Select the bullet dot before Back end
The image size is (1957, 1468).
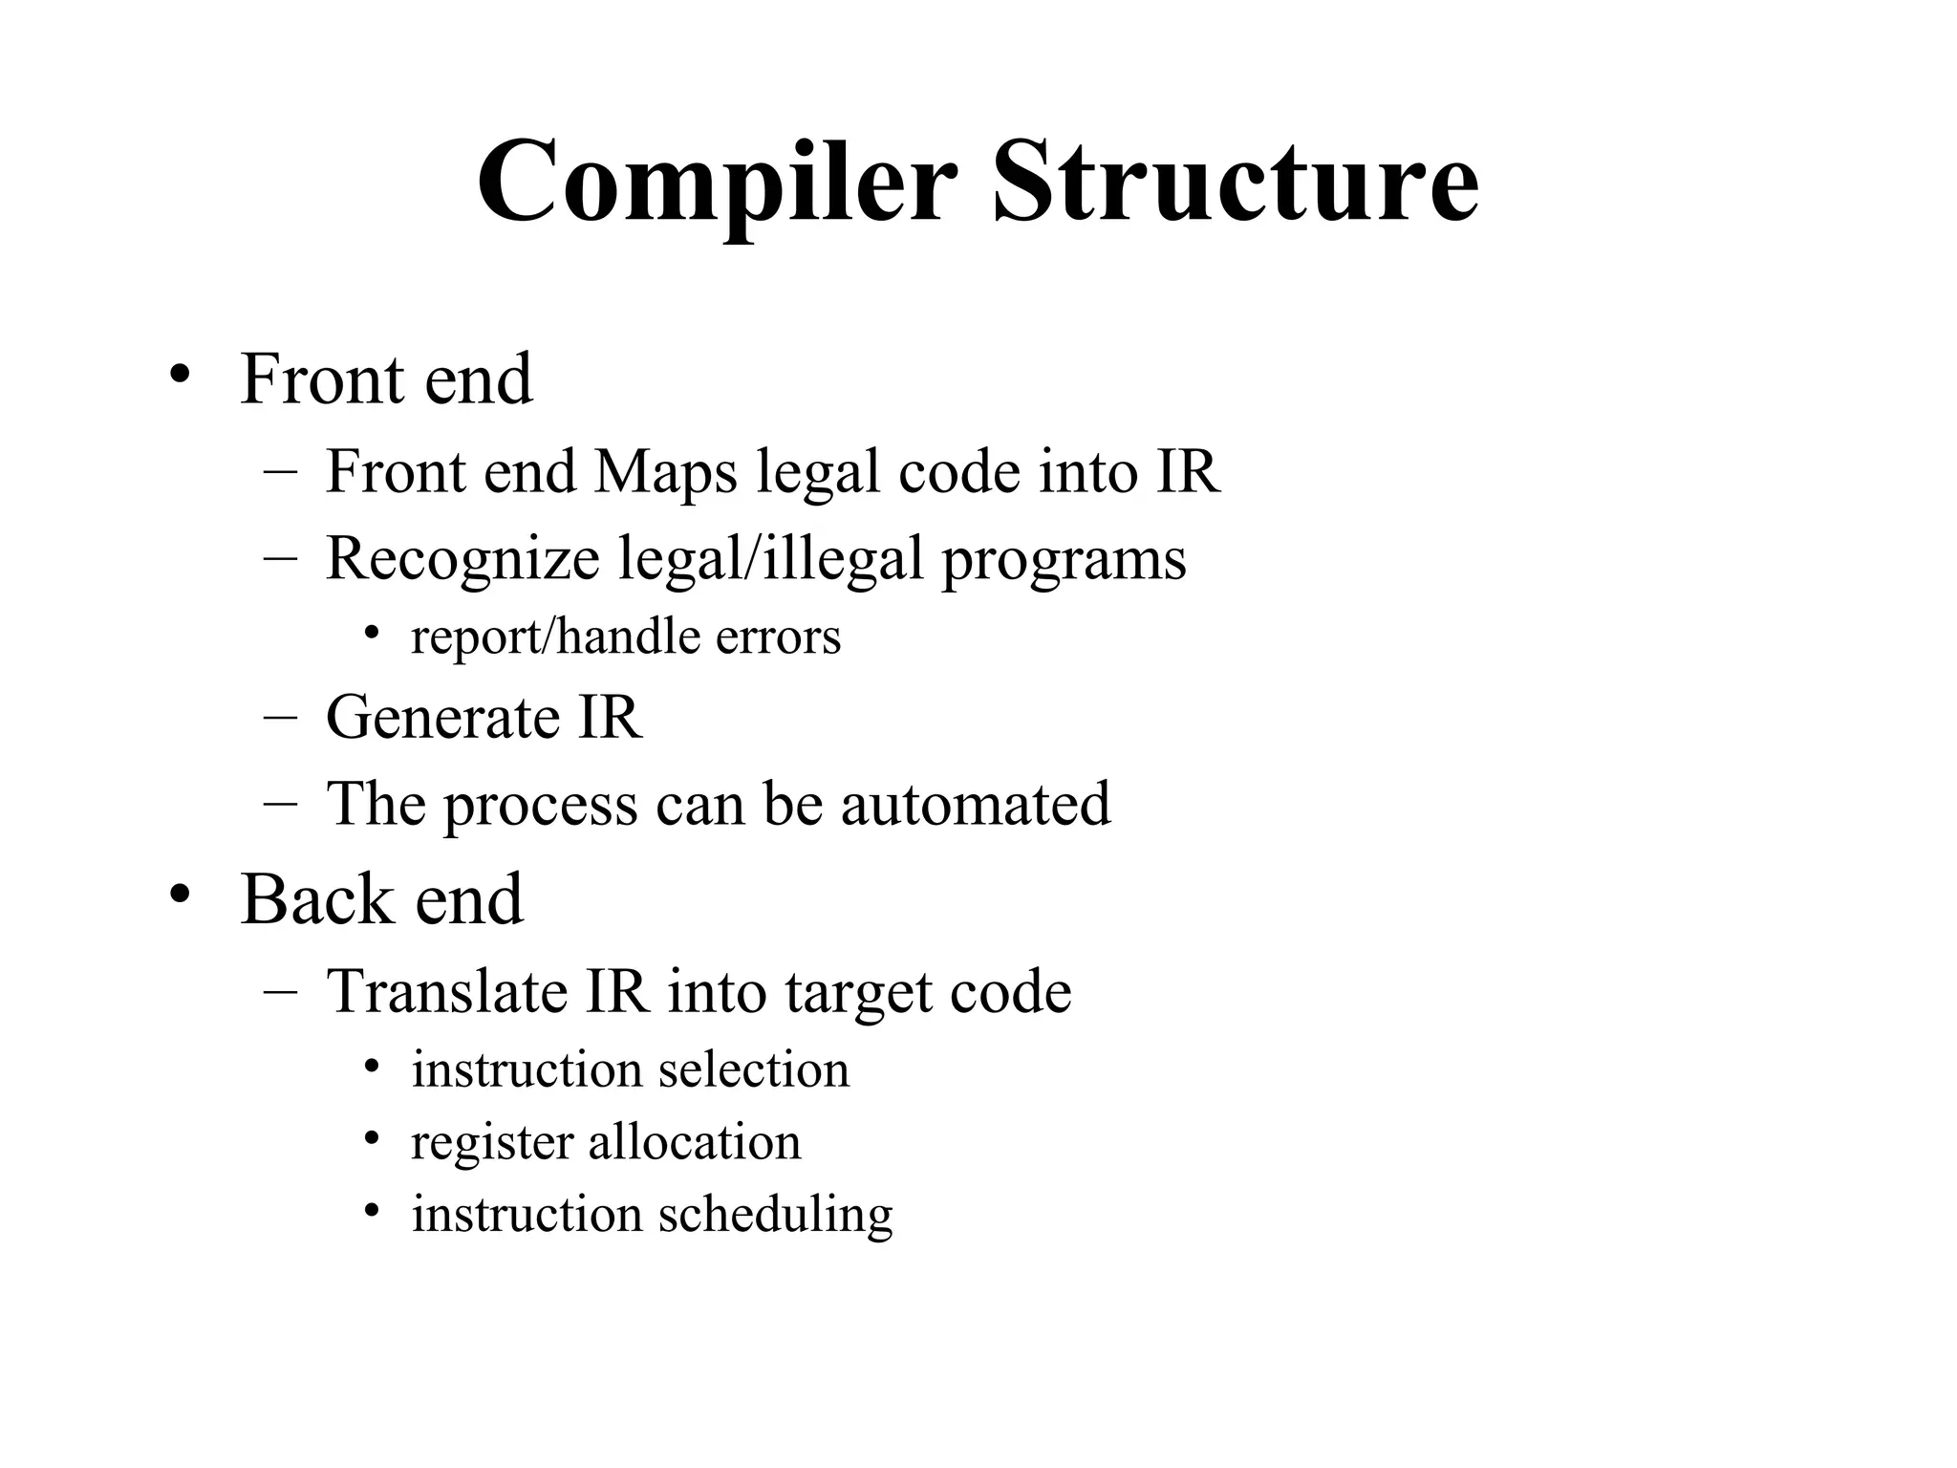point(180,895)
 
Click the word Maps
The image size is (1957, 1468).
point(665,472)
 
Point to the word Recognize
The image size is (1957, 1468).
point(462,559)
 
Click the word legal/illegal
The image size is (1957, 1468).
point(770,559)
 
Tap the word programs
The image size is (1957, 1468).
point(1064,561)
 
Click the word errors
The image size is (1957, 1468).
point(778,638)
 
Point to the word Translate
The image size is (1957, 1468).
point(447,991)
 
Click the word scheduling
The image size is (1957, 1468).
point(775,1217)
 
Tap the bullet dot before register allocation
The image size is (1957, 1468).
point(372,1138)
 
